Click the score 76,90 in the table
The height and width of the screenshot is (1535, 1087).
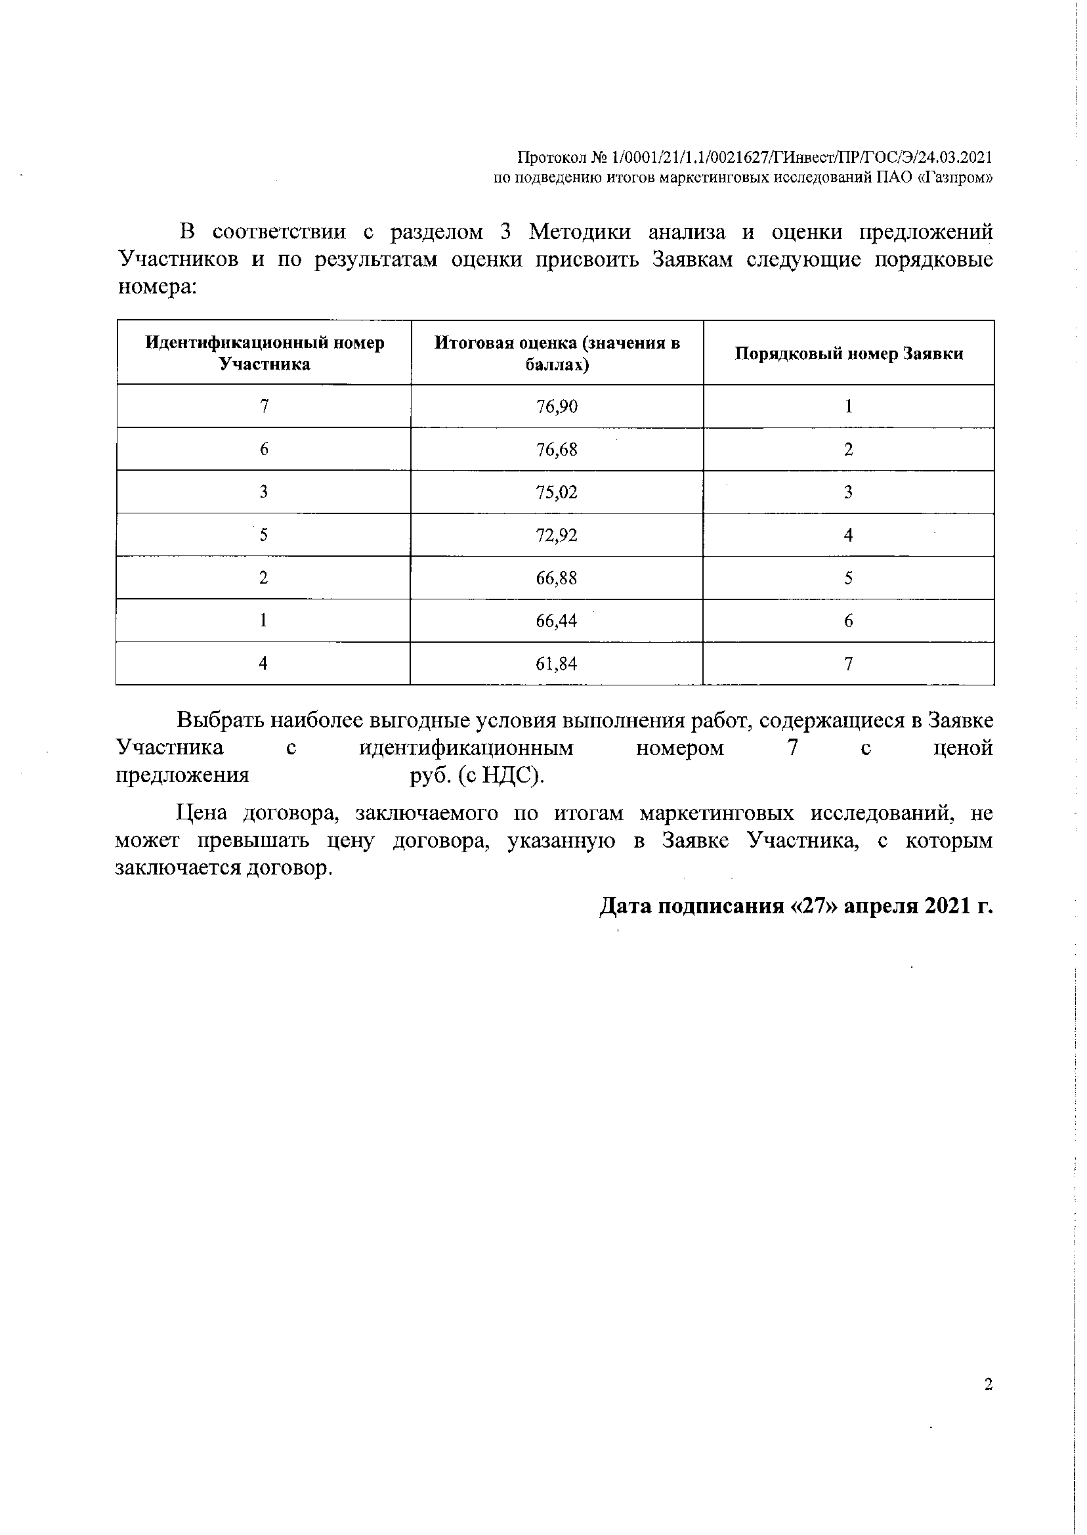point(556,406)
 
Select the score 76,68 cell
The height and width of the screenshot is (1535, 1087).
point(556,449)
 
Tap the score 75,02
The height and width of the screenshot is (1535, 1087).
point(556,492)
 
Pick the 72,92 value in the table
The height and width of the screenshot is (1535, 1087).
point(556,535)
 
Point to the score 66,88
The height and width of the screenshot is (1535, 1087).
point(556,578)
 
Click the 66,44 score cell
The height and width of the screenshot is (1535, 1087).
point(556,620)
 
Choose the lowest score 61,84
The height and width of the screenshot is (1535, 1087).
point(556,663)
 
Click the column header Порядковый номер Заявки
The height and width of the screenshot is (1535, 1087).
point(849,353)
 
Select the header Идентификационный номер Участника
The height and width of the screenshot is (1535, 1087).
point(265,353)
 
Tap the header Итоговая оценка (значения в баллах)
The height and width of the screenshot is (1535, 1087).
point(557,353)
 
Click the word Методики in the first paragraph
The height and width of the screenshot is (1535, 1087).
point(579,232)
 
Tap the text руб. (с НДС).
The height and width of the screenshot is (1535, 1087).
point(477,775)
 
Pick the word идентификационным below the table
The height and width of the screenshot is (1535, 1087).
point(466,748)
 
